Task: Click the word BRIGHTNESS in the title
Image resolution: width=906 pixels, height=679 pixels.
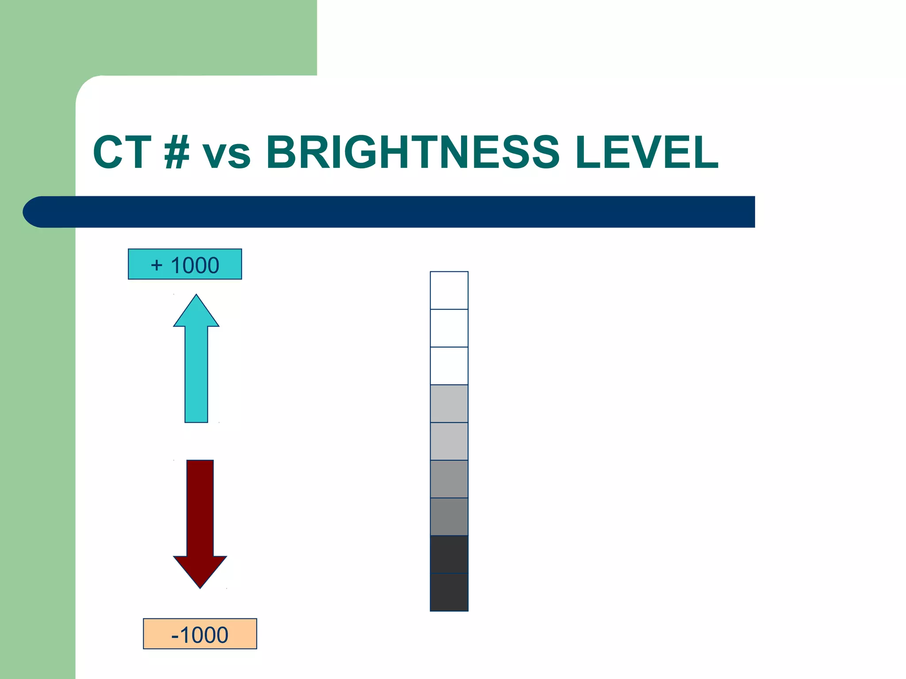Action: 413,153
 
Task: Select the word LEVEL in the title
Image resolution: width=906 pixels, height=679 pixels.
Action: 647,153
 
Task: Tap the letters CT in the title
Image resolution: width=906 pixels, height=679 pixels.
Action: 122,153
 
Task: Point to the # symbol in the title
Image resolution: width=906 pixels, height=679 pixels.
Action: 177,153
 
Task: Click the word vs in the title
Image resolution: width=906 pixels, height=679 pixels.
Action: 226,155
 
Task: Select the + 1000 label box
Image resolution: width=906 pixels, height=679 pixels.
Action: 185,264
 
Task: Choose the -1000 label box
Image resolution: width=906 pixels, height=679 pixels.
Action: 200,634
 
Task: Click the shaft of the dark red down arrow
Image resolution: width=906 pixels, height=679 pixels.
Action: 200,508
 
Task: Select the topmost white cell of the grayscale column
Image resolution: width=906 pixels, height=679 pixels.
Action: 449,290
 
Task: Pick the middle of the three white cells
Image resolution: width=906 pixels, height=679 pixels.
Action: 449,328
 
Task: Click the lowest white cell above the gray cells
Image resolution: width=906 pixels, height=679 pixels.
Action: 449,366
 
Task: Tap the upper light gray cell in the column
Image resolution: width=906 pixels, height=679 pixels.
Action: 449,404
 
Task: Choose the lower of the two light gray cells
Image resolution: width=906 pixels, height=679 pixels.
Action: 449,441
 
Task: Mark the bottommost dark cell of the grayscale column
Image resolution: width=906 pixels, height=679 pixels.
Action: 449,592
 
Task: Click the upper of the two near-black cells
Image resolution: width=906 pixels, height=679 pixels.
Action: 449,554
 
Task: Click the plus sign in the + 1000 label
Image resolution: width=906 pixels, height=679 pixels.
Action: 157,265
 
